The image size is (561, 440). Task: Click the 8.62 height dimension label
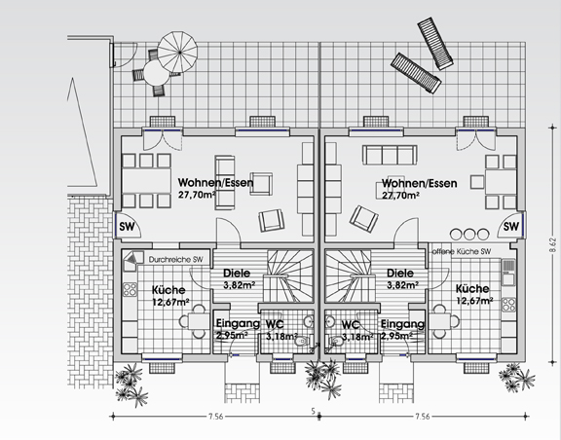[553, 244]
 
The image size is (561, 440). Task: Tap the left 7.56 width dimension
[216, 417]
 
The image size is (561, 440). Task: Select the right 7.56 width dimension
[422, 417]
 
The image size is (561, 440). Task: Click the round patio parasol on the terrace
[177, 52]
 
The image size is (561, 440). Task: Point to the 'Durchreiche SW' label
[175, 259]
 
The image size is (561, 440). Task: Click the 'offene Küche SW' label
[462, 251]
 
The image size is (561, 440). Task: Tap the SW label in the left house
[127, 227]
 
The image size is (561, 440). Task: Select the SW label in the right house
[511, 227]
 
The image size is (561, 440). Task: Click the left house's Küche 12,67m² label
[169, 296]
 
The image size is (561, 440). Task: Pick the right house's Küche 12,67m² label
[473, 294]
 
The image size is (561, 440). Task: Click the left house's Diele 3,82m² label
[239, 279]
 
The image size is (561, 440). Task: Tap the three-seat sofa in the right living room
[390, 155]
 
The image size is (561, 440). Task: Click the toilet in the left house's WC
[303, 342]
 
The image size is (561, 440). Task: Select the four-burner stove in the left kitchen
[130, 290]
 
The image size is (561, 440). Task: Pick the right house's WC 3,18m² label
[357, 331]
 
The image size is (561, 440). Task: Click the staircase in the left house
[289, 276]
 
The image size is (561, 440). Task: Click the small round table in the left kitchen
[199, 321]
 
